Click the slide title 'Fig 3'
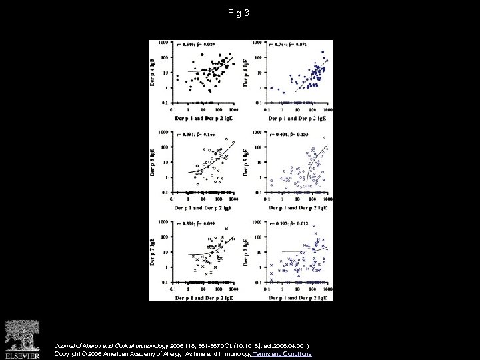click(240, 11)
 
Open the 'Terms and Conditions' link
click(283, 353)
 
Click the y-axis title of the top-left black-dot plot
click(155, 72)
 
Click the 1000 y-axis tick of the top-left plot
click(163, 42)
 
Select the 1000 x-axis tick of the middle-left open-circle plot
click(233, 199)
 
